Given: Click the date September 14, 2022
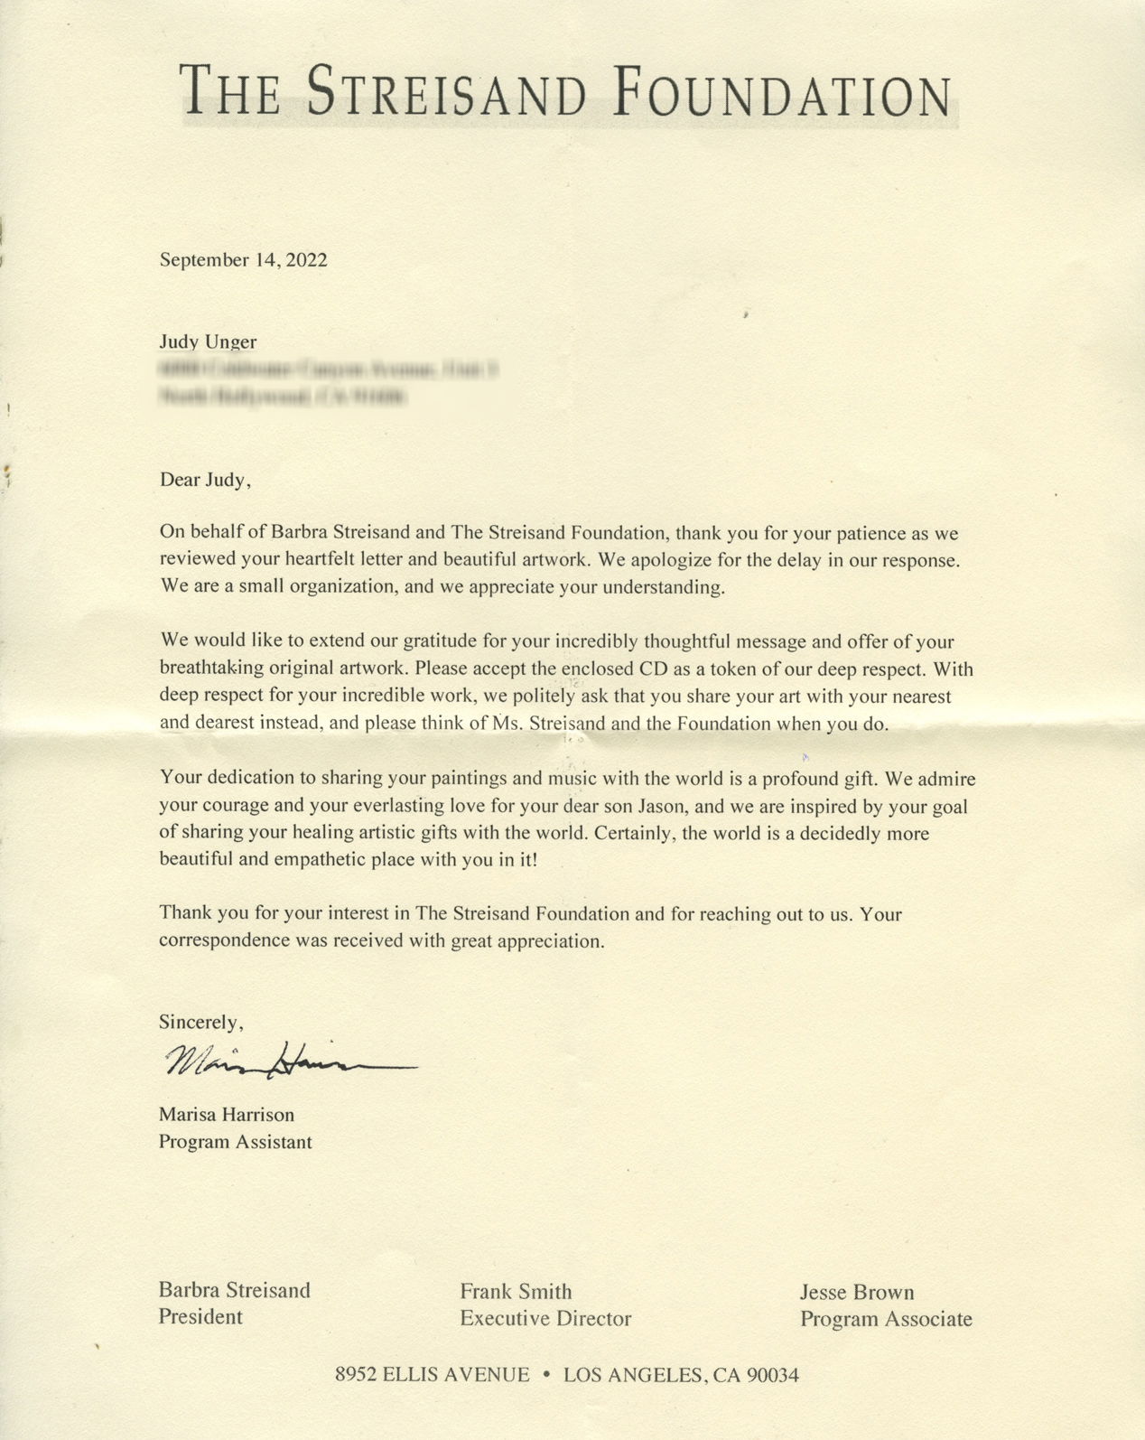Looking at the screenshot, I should (244, 260).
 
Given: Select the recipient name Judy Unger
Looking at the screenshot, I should (208, 341).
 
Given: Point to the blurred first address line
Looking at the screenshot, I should (329, 369).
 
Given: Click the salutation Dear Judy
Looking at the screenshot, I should (204, 480).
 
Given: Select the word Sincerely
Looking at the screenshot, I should (200, 1022).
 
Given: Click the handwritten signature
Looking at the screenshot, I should (289, 1062).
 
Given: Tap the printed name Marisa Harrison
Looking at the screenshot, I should (227, 1115).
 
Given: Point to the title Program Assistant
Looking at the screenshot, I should (236, 1142).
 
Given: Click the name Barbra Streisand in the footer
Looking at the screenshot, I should (235, 1290).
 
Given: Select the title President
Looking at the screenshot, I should (200, 1316).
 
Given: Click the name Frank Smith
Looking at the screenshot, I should (516, 1292).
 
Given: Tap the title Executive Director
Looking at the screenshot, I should (545, 1318).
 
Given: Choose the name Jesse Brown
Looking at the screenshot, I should (857, 1293).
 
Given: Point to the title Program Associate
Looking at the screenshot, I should (886, 1319).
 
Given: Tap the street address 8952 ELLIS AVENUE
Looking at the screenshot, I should (432, 1376).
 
